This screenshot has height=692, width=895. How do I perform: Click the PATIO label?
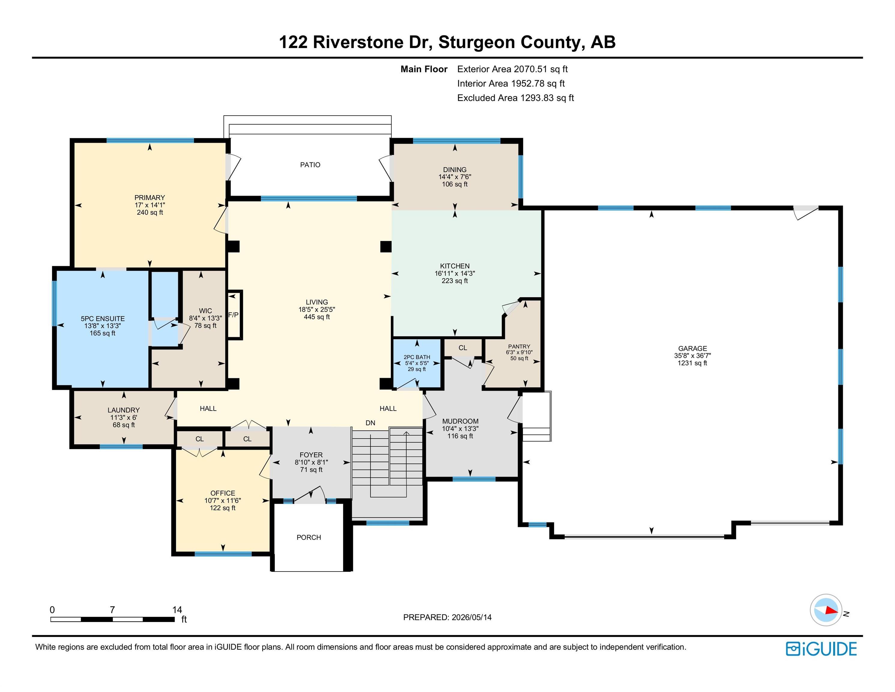pyautogui.click(x=310, y=165)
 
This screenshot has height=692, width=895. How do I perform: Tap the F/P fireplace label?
pyautogui.click(x=233, y=315)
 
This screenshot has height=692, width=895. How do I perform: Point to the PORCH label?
pyautogui.click(x=309, y=537)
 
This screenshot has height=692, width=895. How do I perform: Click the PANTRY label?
pyautogui.click(x=519, y=346)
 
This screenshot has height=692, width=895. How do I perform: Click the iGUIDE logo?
pyautogui.click(x=821, y=649)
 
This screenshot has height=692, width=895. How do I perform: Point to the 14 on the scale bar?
pyautogui.click(x=177, y=610)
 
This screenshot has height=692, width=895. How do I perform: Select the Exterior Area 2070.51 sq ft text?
pyautogui.click(x=512, y=69)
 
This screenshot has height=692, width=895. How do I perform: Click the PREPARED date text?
pyautogui.click(x=447, y=618)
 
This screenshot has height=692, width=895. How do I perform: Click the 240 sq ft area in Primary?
pyautogui.click(x=150, y=212)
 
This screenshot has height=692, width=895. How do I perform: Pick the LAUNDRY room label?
pyautogui.click(x=124, y=410)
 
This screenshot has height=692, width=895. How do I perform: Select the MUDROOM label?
pyautogui.click(x=460, y=421)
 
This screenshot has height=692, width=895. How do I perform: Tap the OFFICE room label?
pyautogui.click(x=223, y=493)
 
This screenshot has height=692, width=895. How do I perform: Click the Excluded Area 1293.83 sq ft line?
pyautogui.click(x=516, y=98)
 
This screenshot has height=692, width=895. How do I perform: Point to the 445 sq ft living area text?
pyautogui.click(x=317, y=317)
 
